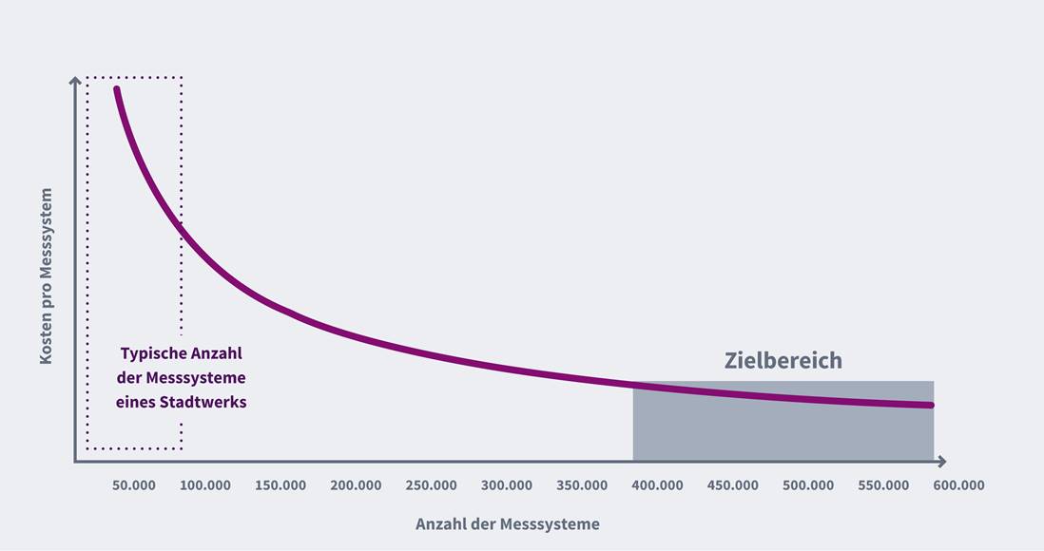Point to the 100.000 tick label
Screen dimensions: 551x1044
point(205,485)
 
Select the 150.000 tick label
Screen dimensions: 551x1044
point(280,485)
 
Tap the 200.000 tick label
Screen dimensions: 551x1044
point(356,485)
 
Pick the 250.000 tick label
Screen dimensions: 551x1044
point(431,485)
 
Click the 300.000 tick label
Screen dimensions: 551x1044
point(507,485)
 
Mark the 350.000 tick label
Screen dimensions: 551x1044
point(582,485)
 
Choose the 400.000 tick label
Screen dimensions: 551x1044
point(657,485)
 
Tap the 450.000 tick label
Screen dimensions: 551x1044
point(732,485)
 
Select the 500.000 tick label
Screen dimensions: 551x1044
point(808,485)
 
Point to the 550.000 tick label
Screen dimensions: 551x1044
point(883,485)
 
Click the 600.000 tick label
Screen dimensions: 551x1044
point(958,485)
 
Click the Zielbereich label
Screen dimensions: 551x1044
point(783,361)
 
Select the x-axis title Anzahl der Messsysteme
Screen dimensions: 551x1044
point(508,524)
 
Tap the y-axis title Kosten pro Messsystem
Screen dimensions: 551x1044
point(46,275)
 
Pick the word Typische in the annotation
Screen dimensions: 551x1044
point(150,353)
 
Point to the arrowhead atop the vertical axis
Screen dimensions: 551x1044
point(75,82)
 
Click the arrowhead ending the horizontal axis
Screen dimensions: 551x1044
point(941,462)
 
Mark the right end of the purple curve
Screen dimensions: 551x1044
point(932,406)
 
